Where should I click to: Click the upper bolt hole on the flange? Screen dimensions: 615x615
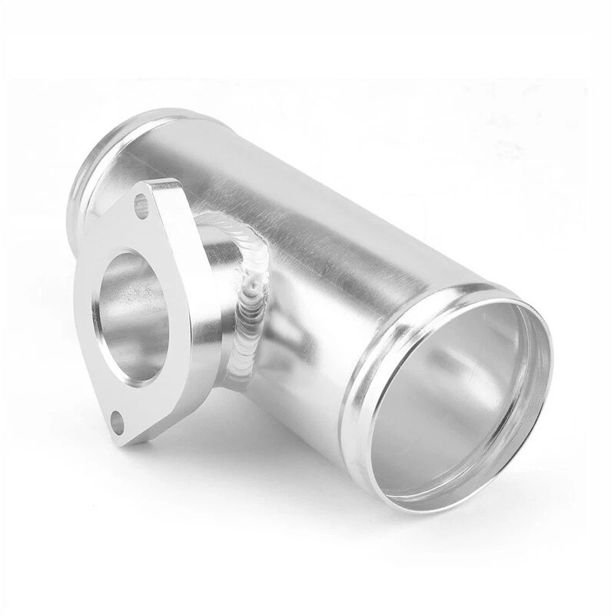[x=141, y=205]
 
